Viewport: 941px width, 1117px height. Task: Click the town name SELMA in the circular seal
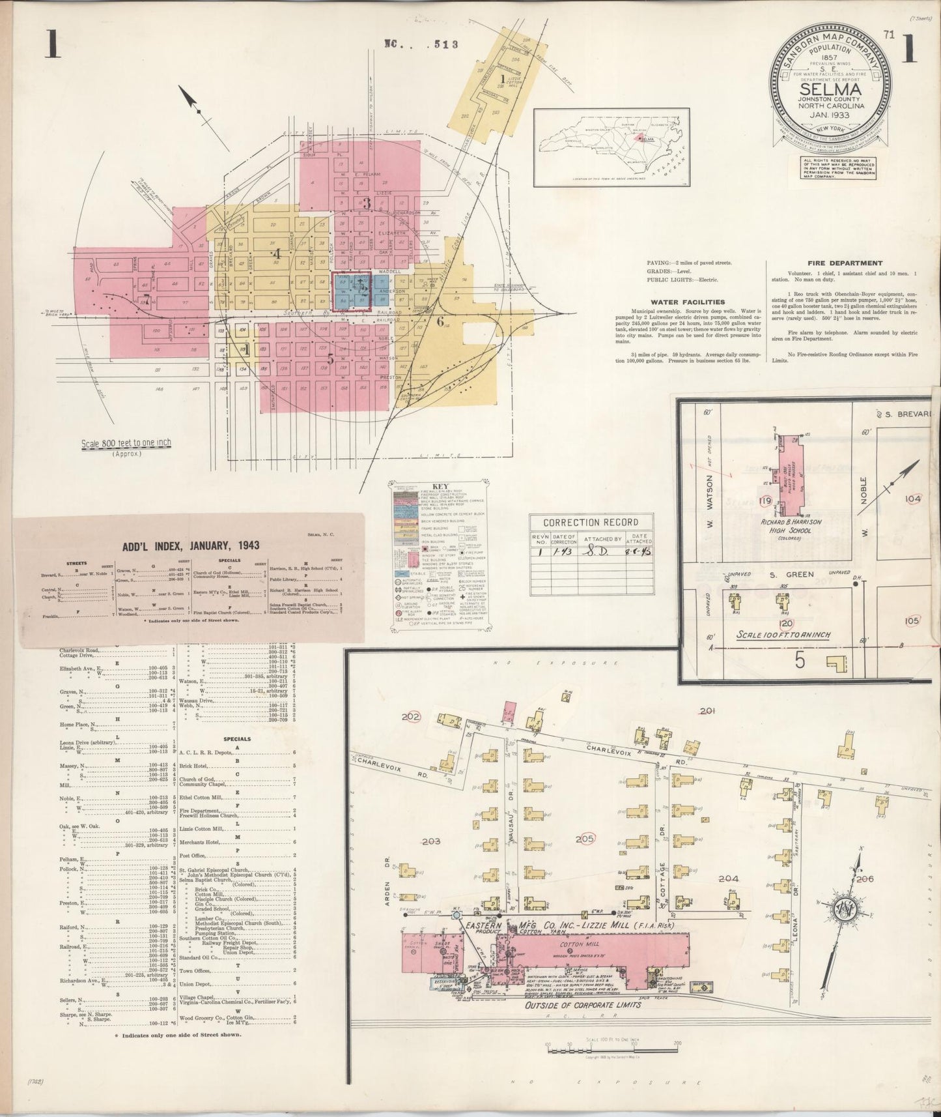pyautogui.click(x=829, y=89)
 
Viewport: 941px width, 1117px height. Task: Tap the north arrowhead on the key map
pyautogui.click(x=189, y=99)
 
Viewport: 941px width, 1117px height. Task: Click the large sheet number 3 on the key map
pyautogui.click(x=367, y=203)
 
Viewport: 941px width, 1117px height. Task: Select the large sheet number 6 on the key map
pyautogui.click(x=440, y=321)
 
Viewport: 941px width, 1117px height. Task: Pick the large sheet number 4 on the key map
pyautogui.click(x=276, y=254)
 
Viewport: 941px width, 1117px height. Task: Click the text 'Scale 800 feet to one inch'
pyautogui.click(x=126, y=443)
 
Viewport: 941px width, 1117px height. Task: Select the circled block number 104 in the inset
pyautogui.click(x=914, y=499)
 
